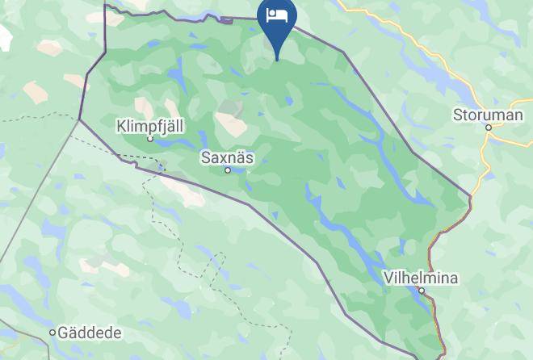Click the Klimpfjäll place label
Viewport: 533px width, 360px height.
pos(149,126)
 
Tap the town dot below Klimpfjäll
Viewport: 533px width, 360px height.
pos(150,139)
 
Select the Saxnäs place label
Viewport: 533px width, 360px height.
pos(227,158)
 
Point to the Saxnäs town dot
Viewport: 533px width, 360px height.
pos(228,170)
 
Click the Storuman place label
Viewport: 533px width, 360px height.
pos(488,115)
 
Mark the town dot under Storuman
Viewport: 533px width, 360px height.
pos(489,128)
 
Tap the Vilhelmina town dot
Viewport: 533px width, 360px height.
pos(422,291)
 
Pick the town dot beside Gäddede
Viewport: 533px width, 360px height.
pos(53,333)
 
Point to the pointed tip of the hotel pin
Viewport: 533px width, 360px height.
pos(277,59)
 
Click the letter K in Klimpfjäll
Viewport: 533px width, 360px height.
pos(121,126)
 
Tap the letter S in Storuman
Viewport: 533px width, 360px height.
pos(458,115)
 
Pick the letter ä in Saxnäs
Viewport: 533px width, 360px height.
pos(240,158)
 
